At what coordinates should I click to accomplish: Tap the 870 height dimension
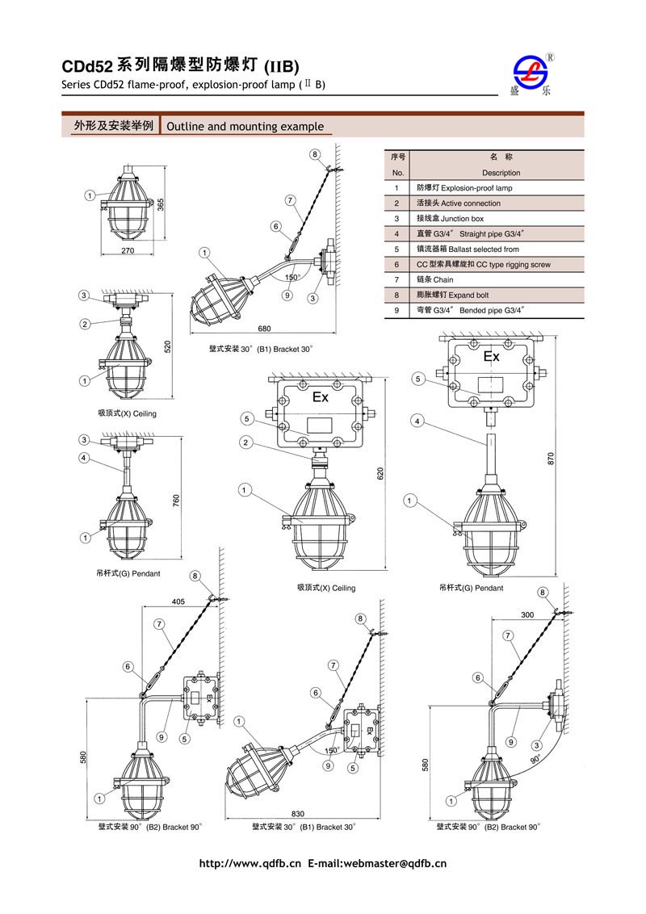tap(552, 458)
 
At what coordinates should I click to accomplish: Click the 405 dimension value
tap(178, 602)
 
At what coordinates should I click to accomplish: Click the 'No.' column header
tap(397, 173)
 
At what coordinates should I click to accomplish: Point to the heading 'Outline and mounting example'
tap(245, 127)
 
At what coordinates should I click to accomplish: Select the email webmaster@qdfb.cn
tap(395, 864)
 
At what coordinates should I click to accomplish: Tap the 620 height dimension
tap(380, 475)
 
